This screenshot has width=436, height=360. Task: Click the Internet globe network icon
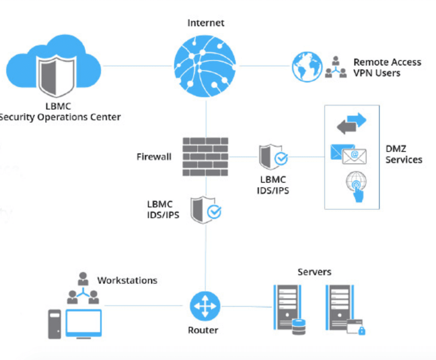(206, 66)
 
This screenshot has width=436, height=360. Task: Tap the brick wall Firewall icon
(206, 157)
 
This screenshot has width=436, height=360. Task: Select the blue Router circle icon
(205, 307)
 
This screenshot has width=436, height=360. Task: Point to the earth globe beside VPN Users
(307, 67)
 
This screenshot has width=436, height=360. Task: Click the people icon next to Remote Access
(335, 68)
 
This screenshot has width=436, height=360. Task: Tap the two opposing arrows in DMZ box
(351, 124)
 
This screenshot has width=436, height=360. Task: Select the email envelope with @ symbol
(354, 156)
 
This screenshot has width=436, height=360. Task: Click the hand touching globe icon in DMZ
(356, 186)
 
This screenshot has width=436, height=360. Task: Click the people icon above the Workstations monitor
(82, 288)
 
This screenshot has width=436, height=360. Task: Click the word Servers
(314, 272)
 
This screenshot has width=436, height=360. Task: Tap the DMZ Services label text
(403, 153)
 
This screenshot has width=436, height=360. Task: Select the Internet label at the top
(206, 23)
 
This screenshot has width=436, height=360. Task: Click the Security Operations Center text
(60, 118)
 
